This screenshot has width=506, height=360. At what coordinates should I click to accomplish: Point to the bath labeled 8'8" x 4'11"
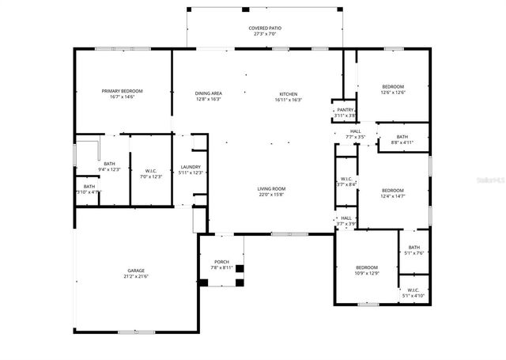pos(402,139)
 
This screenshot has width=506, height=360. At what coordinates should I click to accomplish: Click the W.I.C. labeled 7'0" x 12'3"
pos(150,173)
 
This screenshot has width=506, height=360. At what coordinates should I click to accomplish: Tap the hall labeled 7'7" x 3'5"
pos(355,134)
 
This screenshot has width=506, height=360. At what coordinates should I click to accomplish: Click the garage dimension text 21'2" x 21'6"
pos(136,277)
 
